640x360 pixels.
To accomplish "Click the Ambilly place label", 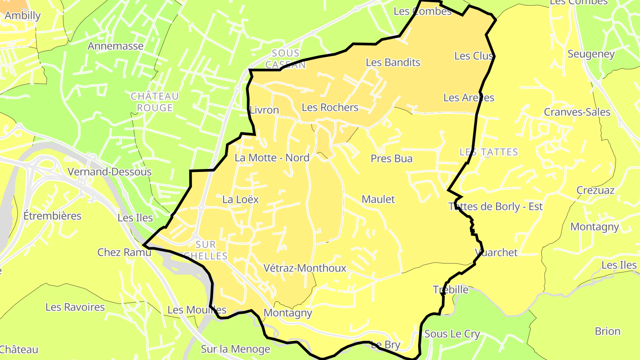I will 23,16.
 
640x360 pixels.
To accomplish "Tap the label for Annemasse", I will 116,46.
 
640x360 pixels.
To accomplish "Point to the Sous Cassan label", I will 286,59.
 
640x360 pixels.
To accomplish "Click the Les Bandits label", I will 393,63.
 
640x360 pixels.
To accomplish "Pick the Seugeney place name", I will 591,54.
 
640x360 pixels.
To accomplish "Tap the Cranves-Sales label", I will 577,112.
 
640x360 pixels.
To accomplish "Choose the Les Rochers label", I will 330,108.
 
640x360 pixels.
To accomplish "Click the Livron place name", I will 264,110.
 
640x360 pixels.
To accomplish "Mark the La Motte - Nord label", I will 272,158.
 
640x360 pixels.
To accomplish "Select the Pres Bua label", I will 392,159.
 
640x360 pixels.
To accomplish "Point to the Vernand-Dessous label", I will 109,172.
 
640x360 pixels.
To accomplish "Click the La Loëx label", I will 240,200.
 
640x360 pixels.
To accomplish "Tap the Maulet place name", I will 378,200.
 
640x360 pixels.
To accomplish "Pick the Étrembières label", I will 52,216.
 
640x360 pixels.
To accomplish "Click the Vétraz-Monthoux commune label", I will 304,268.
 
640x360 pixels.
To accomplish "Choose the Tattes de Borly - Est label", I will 496,207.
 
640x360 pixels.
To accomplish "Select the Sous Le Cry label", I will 452,334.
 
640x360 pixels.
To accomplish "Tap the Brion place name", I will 608,332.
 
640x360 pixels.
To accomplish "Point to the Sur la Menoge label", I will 235,349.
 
